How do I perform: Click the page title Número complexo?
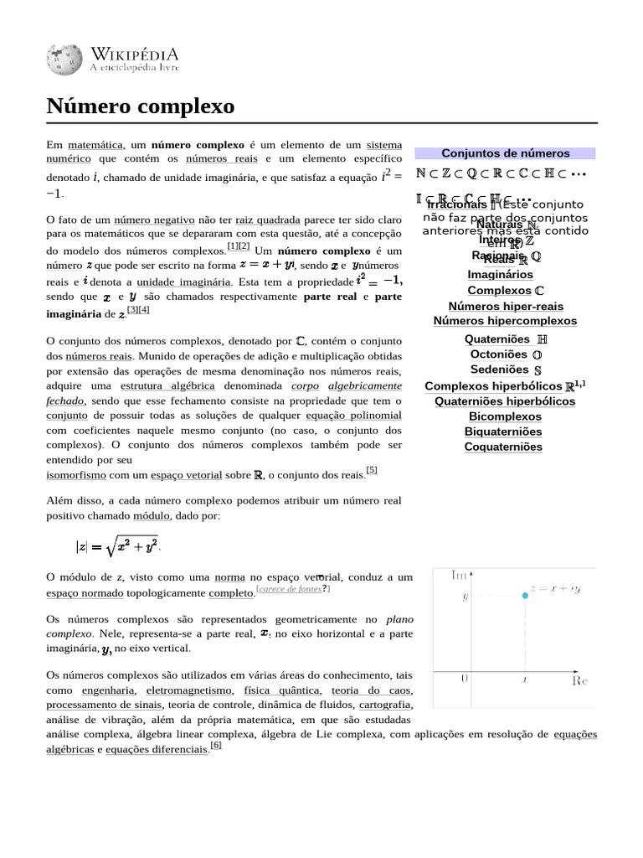(140, 107)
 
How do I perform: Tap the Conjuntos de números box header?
(505, 153)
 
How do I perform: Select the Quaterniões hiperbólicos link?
(505, 401)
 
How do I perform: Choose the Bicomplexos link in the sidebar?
(505, 416)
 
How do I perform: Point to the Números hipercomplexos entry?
(505, 321)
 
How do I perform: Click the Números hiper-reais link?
(505, 306)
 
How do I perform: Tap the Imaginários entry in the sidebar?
(500, 274)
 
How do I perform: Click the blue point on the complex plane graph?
(525, 595)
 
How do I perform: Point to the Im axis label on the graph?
(459, 575)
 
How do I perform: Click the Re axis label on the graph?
(579, 680)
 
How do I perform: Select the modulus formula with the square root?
(118, 546)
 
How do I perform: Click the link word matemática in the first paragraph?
(96, 145)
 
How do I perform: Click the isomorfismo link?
(76, 475)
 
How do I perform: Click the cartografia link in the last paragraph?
(386, 705)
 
